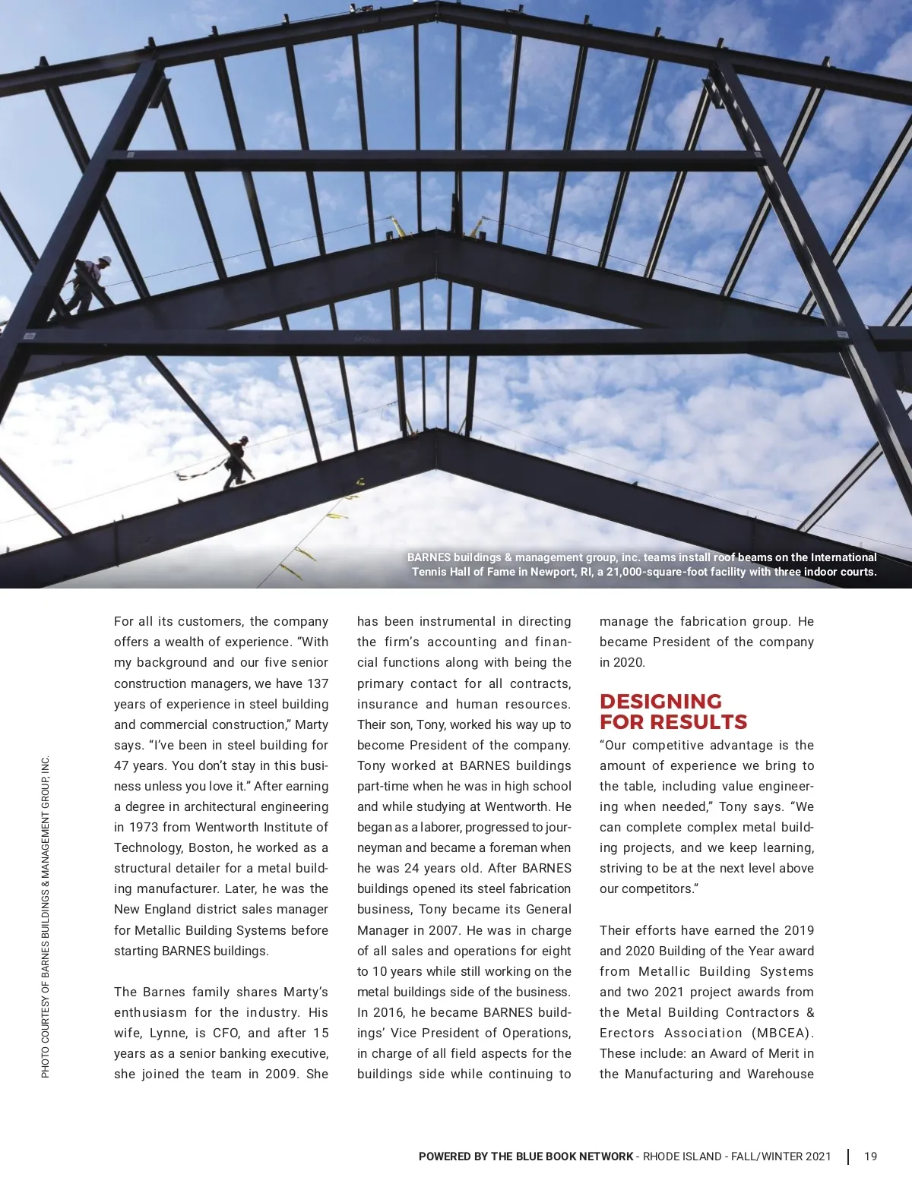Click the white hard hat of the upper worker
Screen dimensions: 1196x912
[105, 260]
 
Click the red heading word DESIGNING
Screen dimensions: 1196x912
[660, 701]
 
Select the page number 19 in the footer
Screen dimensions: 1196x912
[870, 1157]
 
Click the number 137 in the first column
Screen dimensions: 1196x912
[316, 683]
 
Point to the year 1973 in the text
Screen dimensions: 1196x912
[144, 827]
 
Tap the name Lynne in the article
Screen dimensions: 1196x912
[168, 1033]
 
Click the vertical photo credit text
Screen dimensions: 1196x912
[46, 916]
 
